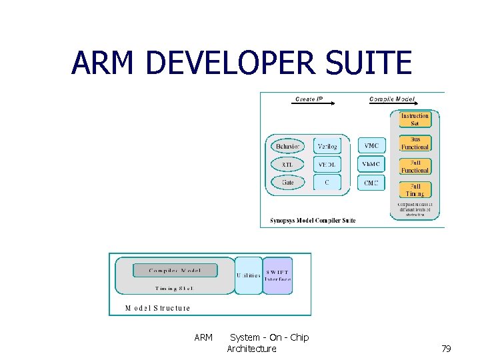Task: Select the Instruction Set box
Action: click(x=415, y=119)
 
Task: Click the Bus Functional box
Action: click(x=415, y=143)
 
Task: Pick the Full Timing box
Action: click(x=415, y=189)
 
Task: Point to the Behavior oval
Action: click(x=288, y=146)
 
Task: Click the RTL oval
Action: click(x=287, y=164)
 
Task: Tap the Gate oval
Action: click(x=287, y=182)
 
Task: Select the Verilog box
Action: click(x=327, y=146)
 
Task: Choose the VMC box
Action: click(x=371, y=145)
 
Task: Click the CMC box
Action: click(x=371, y=182)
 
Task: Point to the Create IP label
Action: click(x=309, y=99)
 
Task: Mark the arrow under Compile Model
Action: click(x=393, y=104)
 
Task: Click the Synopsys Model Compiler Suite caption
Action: click(x=313, y=220)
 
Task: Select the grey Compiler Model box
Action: click(x=175, y=270)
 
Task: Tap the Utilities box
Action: click(x=248, y=275)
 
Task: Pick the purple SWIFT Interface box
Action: click(x=277, y=275)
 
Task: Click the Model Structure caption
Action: click(x=158, y=308)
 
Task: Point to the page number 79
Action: click(x=446, y=349)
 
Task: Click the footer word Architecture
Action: click(x=251, y=349)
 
